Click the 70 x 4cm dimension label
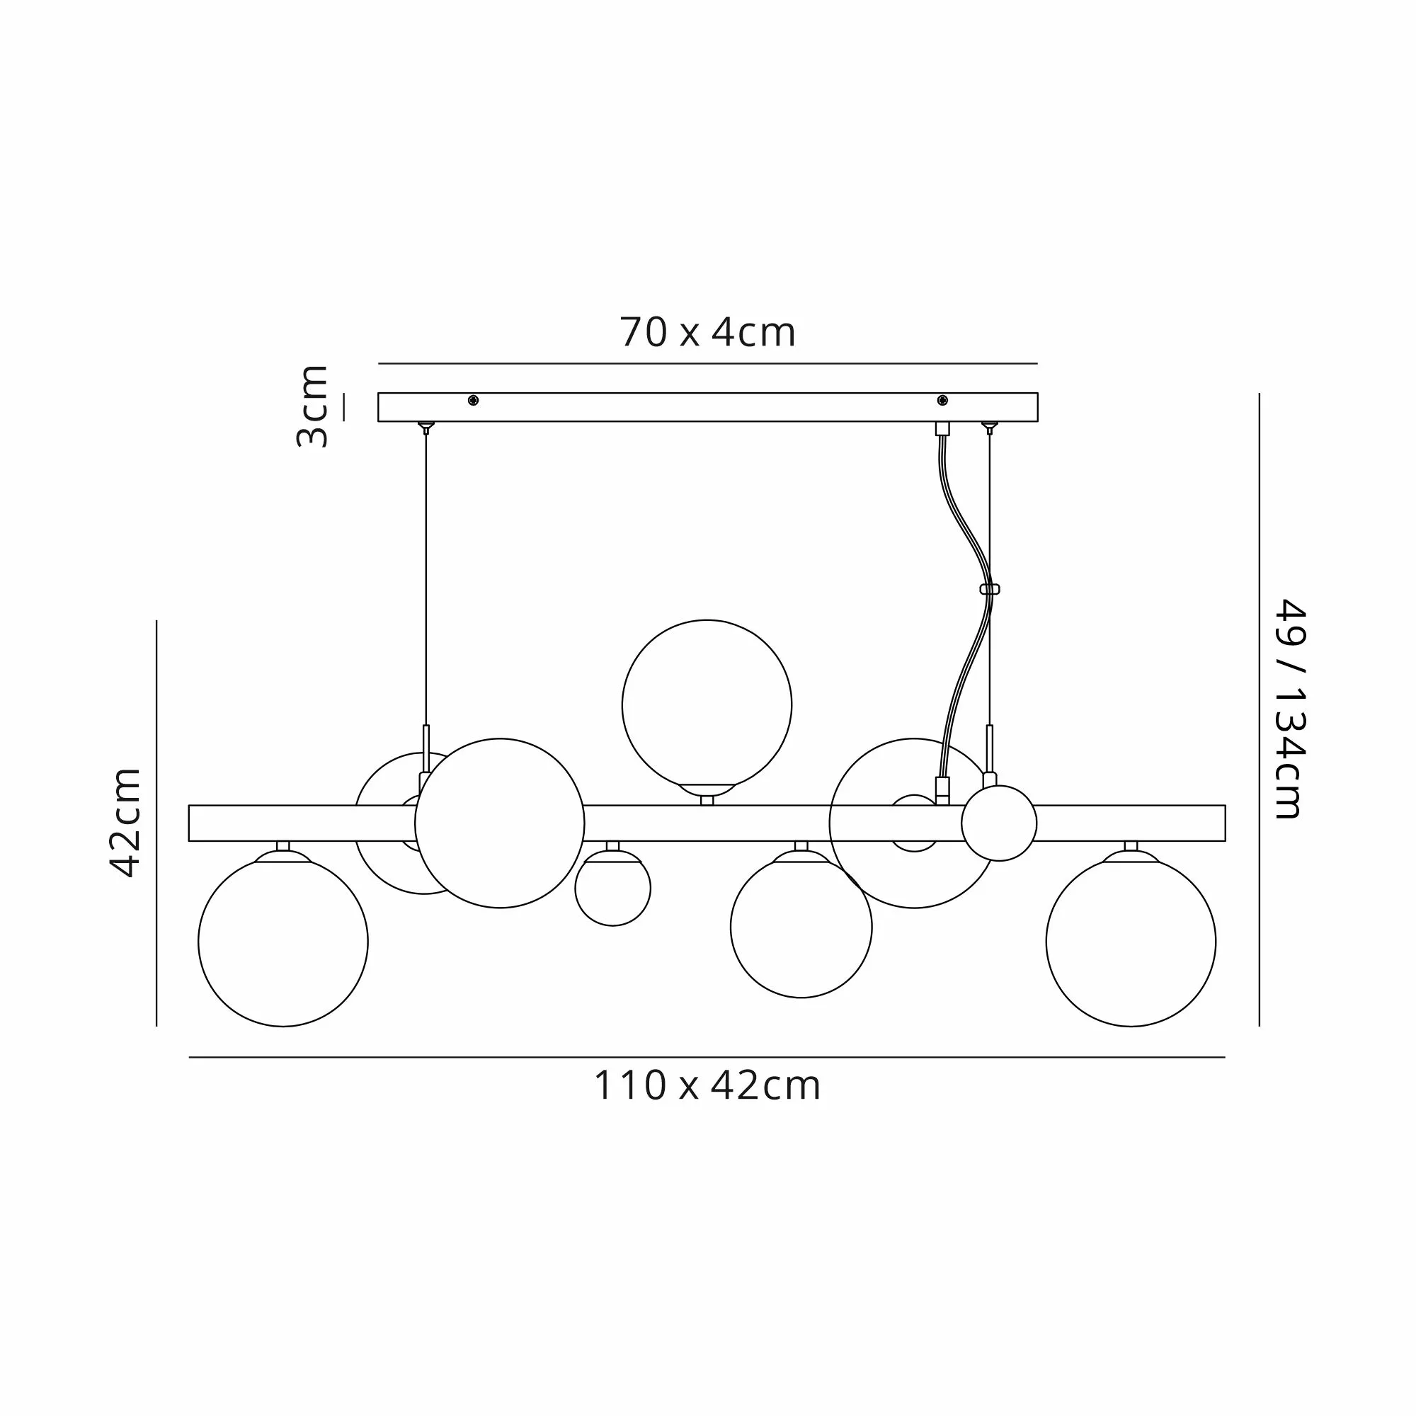(707, 333)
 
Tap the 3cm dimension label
(312, 405)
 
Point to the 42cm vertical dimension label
(125, 822)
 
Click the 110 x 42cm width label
(707, 1085)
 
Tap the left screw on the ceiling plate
(473, 400)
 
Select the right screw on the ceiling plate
(942, 400)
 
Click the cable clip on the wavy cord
(990, 589)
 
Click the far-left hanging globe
(283, 942)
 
